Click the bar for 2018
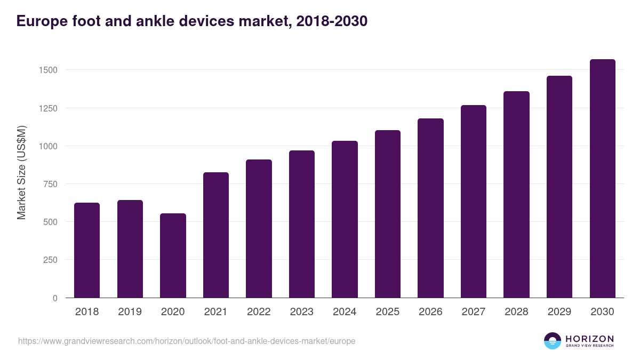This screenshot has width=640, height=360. click(x=87, y=250)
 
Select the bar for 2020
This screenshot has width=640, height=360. click(x=173, y=255)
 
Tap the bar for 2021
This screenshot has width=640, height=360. click(x=216, y=235)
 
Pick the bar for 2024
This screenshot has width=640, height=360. click(x=345, y=219)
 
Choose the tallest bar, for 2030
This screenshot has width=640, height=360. click(x=602, y=178)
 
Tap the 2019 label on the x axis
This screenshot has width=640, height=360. click(x=130, y=312)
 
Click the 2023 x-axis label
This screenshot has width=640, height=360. click(x=301, y=312)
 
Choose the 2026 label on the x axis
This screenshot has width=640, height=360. click(x=430, y=312)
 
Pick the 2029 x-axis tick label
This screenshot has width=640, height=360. click(x=559, y=312)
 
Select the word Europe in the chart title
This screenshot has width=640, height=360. click(x=41, y=21)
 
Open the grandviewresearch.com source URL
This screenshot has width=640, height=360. click(x=187, y=341)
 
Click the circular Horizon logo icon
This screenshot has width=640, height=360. click(x=553, y=341)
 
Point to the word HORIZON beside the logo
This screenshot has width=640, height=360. click(x=589, y=338)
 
